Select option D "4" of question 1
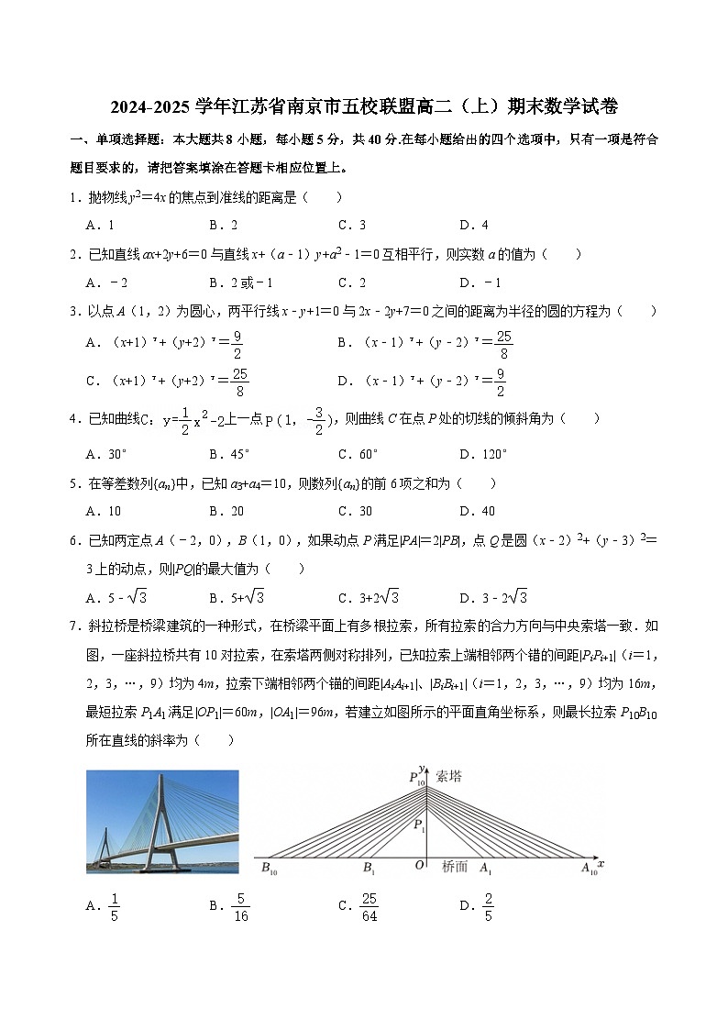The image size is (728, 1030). coord(473,225)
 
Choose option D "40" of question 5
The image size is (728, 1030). coord(477,511)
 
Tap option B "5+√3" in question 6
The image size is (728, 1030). coord(237,598)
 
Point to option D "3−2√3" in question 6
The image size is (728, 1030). coord(494,598)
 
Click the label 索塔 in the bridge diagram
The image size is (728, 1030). coord(449,776)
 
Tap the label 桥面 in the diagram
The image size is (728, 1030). coord(455,866)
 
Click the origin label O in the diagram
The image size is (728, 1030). coord(419,866)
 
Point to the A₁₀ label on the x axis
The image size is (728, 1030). coord(588,868)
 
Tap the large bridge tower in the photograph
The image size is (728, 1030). coord(160,821)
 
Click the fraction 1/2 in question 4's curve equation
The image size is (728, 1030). coord(184,418)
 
